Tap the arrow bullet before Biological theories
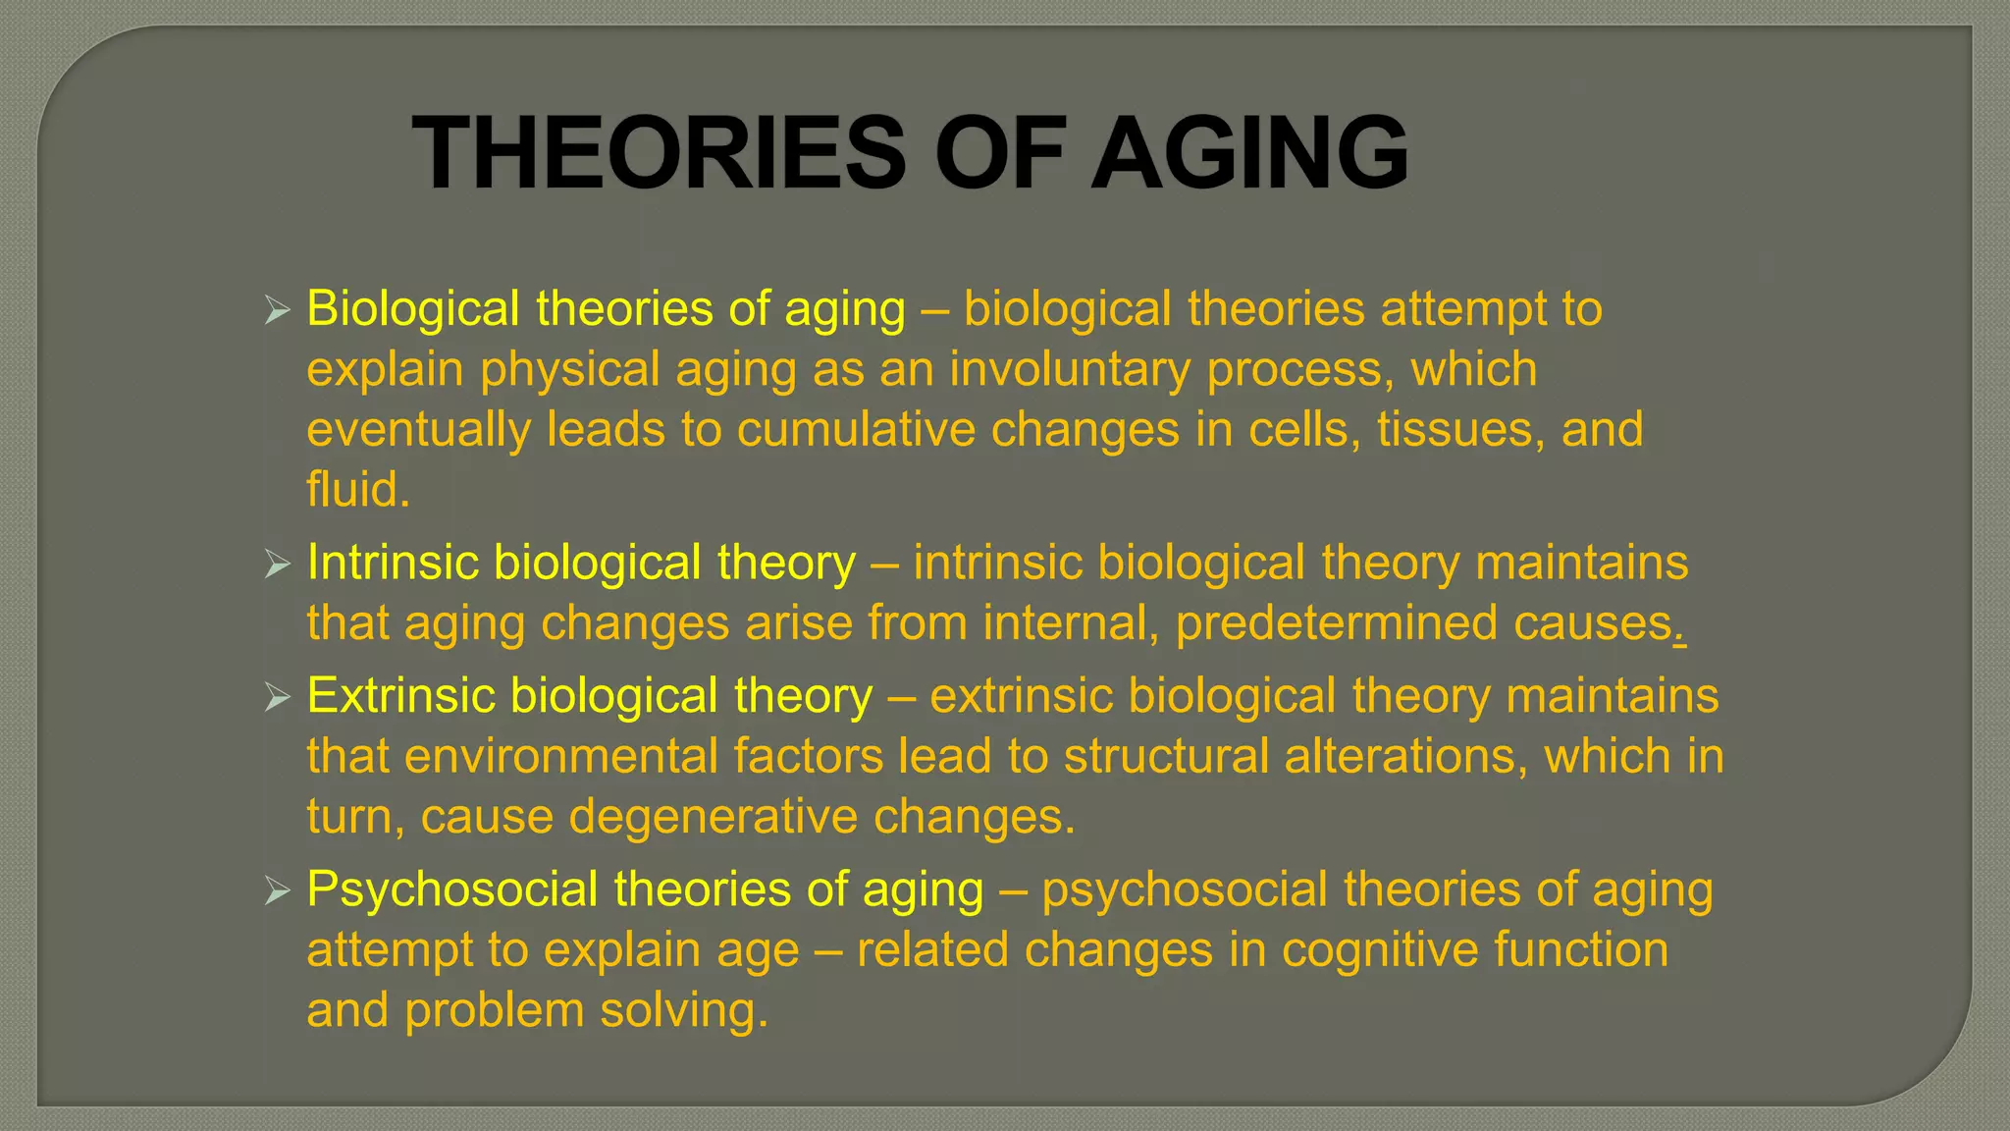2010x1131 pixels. coord(278,312)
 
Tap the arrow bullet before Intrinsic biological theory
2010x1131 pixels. coord(278,565)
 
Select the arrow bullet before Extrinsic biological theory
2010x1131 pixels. coord(278,699)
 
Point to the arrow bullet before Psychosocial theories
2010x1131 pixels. coord(278,892)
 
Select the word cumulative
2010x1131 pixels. coord(856,431)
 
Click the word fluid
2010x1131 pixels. coord(357,490)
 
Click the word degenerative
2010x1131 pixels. coord(713,818)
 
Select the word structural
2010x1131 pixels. coord(1166,757)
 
